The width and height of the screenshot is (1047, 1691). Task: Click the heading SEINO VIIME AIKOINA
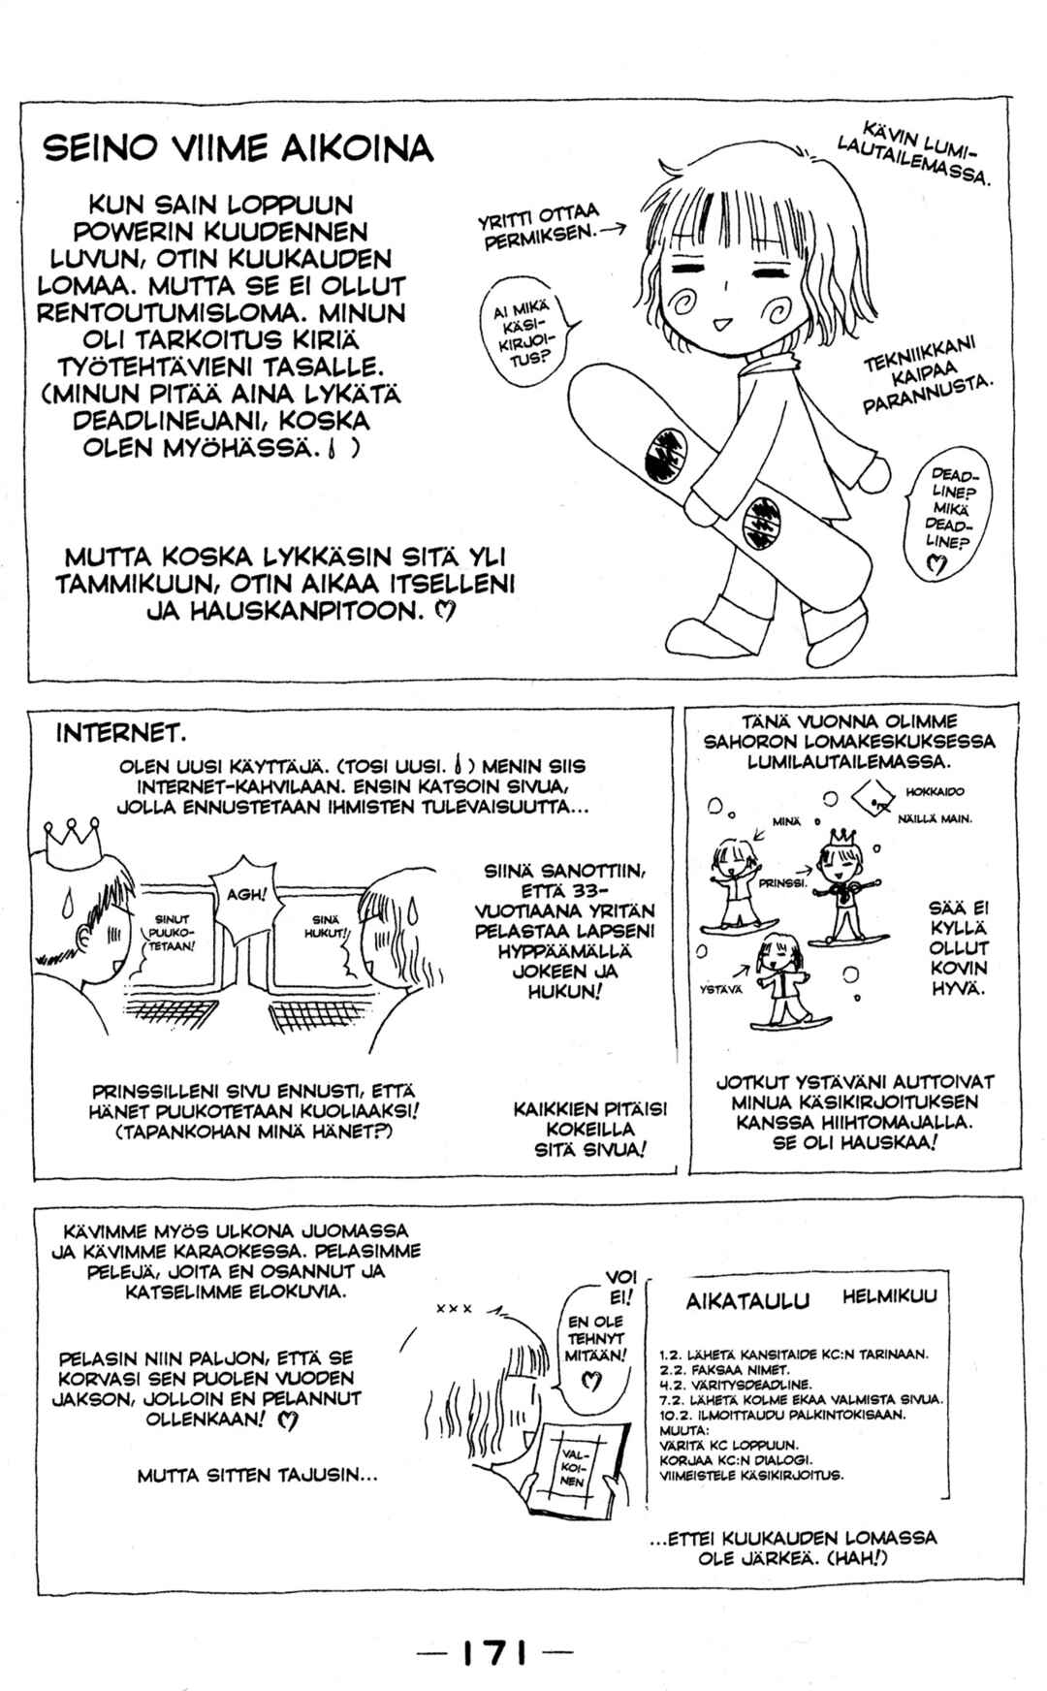[238, 150]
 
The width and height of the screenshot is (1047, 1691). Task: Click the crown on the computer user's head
[74, 831]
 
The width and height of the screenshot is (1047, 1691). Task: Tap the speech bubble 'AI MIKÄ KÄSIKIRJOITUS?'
[528, 338]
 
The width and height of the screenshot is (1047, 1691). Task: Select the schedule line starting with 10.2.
[782, 1415]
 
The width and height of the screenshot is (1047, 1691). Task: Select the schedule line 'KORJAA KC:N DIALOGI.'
[735, 1459]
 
